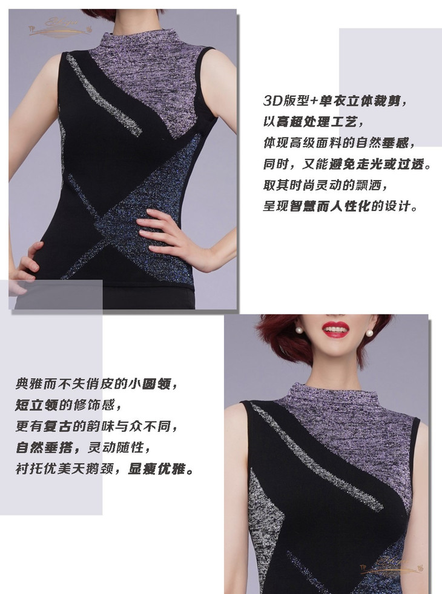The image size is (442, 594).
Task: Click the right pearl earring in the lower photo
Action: pos(368,333)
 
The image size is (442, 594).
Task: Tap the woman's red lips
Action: pos(335,328)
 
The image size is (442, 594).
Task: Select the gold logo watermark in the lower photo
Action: pos(392,566)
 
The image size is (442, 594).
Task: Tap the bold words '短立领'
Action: pos(36,405)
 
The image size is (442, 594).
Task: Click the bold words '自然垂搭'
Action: pos(43,448)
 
